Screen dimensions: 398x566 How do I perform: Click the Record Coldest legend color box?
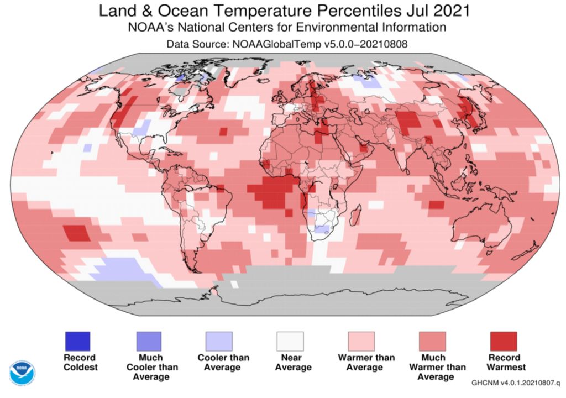coord(77,341)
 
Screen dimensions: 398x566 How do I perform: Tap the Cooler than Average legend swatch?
coord(219,341)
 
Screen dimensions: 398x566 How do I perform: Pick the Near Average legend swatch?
coord(290,341)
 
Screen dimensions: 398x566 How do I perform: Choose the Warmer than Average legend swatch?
coord(361,341)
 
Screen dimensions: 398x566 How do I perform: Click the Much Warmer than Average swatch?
coord(433,341)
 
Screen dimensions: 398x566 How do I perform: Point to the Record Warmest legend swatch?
coord(504,341)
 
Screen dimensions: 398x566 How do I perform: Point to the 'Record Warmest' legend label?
coord(504,362)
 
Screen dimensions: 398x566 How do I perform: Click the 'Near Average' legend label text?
coord(290,362)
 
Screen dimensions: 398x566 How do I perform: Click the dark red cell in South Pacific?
coord(77,233)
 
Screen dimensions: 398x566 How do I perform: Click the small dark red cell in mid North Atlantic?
coord(223,132)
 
